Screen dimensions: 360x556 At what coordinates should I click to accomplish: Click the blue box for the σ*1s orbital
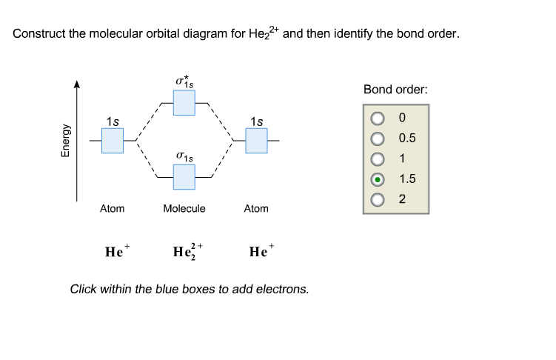click(184, 103)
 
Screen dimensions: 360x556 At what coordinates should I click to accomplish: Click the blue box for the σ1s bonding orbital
click(184, 176)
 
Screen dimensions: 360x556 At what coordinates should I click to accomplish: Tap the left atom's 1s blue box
click(112, 140)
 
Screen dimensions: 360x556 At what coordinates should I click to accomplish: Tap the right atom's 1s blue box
click(256, 140)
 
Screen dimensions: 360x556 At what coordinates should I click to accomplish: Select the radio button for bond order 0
click(378, 118)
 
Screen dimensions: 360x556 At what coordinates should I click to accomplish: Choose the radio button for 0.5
click(378, 138)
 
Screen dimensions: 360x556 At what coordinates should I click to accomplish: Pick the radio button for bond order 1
click(378, 158)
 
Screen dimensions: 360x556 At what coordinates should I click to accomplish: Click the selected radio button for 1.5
click(378, 179)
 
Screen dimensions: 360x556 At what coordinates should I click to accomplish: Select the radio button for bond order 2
click(378, 199)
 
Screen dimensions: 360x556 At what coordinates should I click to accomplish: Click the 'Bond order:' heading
click(395, 90)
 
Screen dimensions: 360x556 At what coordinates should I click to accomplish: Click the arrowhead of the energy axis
click(76, 85)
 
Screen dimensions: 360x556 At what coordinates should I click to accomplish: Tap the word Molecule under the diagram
click(184, 209)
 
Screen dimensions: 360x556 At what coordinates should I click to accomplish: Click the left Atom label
click(112, 209)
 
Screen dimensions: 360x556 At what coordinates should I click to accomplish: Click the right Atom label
click(256, 209)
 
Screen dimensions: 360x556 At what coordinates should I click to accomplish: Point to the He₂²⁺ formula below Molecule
click(187, 251)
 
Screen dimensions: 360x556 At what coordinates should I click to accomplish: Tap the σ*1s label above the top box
click(184, 79)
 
